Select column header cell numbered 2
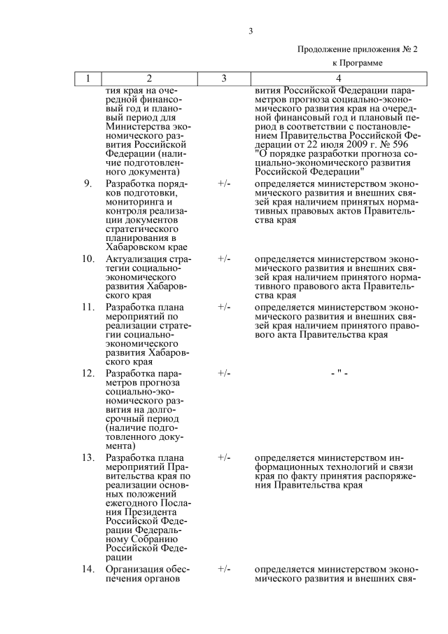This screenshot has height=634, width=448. [148, 78]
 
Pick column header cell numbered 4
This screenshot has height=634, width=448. [338, 78]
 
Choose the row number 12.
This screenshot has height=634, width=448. [87, 373]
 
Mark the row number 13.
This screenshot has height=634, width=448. [87, 457]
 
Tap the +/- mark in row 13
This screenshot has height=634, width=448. [224, 457]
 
